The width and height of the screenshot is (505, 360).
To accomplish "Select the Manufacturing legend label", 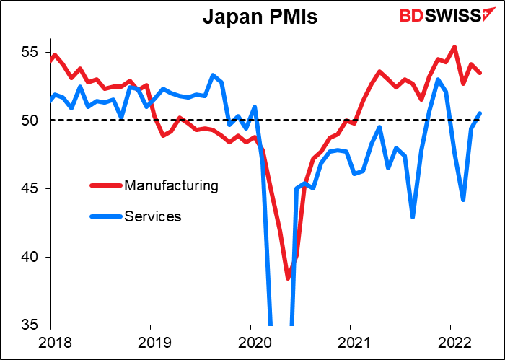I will click(x=171, y=185).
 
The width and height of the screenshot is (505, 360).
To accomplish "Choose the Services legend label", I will click(x=152, y=215).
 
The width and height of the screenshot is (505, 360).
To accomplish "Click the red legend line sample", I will click(x=107, y=185).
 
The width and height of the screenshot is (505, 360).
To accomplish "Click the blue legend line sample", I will click(x=107, y=215).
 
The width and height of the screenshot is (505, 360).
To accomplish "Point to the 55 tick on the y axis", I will click(x=32, y=53).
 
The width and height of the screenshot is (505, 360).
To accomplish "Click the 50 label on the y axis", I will click(x=32, y=120).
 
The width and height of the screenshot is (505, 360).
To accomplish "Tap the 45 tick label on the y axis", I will click(x=32, y=189).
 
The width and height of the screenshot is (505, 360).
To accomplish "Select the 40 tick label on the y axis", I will click(x=32, y=257).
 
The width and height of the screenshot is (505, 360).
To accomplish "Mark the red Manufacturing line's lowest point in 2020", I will click(x=288, y=278).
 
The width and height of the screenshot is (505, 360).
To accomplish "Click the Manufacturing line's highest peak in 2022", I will click(x=454, y=47).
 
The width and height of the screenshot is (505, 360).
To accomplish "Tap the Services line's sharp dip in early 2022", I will click(x=463, y=200).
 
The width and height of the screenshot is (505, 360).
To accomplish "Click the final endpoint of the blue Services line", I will click(x=480, y=113).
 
